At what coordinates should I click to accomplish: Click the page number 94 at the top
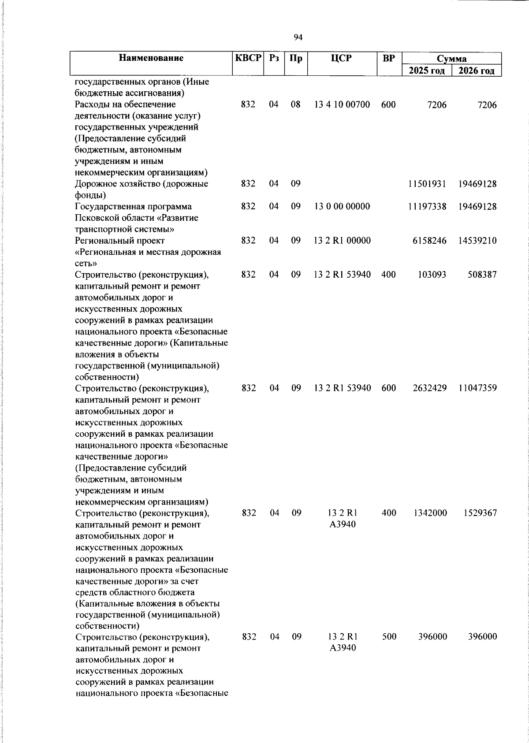(298, 37)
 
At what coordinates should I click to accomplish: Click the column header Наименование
(151, 58)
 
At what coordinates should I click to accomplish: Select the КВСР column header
(248, 58)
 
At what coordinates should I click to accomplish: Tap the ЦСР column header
(342, 58)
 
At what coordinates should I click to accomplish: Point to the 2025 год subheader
(427, 71)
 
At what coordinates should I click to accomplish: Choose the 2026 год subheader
(477, 71)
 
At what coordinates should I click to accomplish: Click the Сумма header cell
(451, 59)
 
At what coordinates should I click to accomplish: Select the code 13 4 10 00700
(342, 105)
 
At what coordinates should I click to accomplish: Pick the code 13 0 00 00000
(342, 207)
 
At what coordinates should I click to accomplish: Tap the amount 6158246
(429, 241)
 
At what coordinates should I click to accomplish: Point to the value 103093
(432, 275)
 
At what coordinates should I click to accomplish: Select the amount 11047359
(477, 388)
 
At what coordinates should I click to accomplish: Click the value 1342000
(430, 513)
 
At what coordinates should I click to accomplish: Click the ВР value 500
(388, 637)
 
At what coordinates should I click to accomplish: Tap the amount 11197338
(427, 207)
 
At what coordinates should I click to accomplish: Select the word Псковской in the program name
(96, 218)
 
